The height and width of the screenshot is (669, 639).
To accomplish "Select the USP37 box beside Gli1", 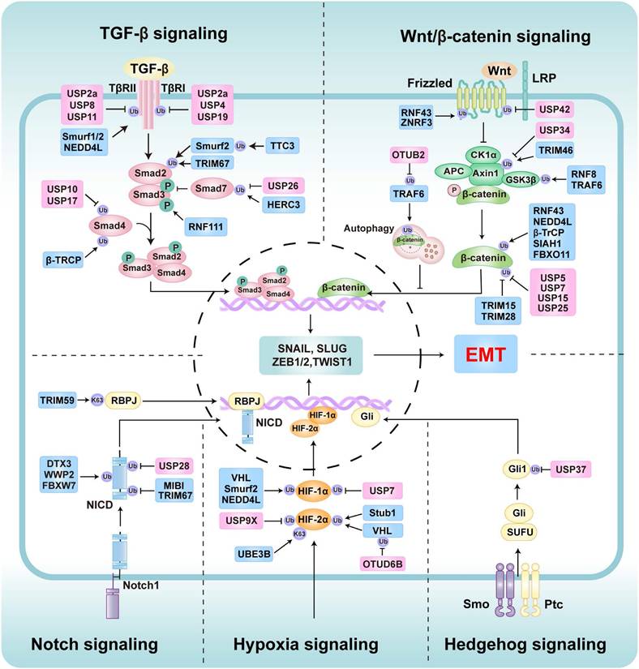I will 577,468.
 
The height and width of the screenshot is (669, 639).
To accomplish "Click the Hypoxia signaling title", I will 306,644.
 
